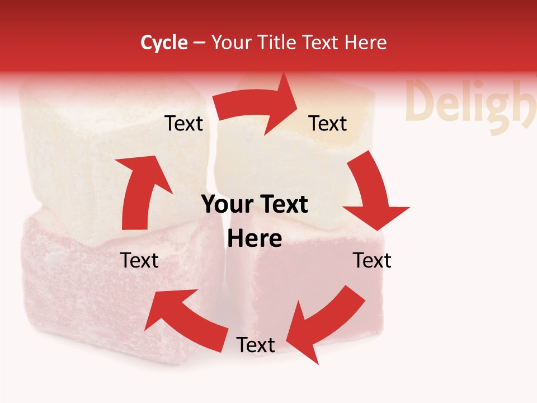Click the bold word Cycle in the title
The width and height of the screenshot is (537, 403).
pyautogui.click(x=164, y=43)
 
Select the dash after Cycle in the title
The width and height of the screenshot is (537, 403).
pyautogui.click(x=199, y=43)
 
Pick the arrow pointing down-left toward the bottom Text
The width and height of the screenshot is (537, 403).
pyautogui.click(x=324, y=322)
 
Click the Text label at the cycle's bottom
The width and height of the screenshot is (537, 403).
pyautogui.click(x=256, y=345)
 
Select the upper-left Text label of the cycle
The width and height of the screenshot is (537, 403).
pyautogui.click(x=183, y=123)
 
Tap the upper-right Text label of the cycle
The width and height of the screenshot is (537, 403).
pyautogui.click(x=328, y=123)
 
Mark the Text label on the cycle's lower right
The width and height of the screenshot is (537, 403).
pyautogui.click(x=372, y=260)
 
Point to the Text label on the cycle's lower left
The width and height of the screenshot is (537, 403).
pyautogui.click(x=139, y=260)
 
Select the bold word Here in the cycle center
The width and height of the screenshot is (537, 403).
pyautogui.click(x=255, y=239)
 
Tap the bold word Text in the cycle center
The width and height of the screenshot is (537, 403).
pyautogui.click(x=285, y=205)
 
